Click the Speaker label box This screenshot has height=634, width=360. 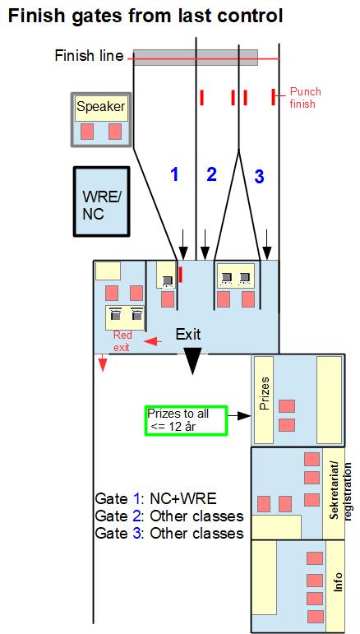tap(102, 108)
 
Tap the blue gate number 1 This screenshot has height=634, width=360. tap(174, 174)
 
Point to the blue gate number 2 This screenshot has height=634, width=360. tap(211, 174)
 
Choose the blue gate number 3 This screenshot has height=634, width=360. tap(259, 177)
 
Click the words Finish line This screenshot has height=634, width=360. tap(90, 56)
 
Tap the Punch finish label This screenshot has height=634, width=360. tap(302, 98)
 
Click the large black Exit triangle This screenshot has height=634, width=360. tap(192, 361)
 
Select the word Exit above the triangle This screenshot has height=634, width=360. tap(188, 335)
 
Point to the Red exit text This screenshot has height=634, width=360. tap(121, 341)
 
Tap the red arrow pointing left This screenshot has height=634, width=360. tap(153, 342)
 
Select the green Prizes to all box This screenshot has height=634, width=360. tap(187, 420)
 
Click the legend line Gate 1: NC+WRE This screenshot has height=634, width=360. tap(156, 498)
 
